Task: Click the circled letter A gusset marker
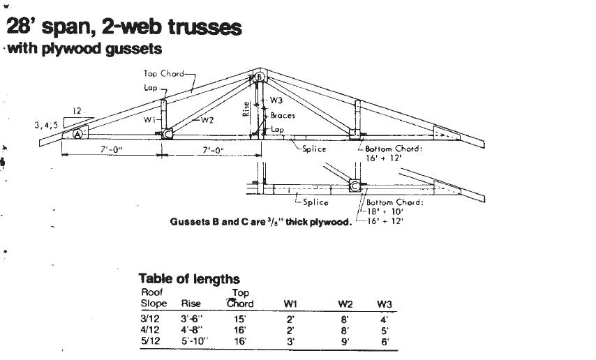click(79, 134)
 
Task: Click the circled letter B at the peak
click(258, 77)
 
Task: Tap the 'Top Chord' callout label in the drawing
click(163, 73)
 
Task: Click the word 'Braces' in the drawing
click(283, 115)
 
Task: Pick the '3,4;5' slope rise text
click(46, 126)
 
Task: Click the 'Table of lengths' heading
click(188, 279)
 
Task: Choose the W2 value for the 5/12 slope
click(343, 342)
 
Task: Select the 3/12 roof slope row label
click(149, 318)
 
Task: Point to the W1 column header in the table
click(291, 303)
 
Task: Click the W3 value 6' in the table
click(385, 342)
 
